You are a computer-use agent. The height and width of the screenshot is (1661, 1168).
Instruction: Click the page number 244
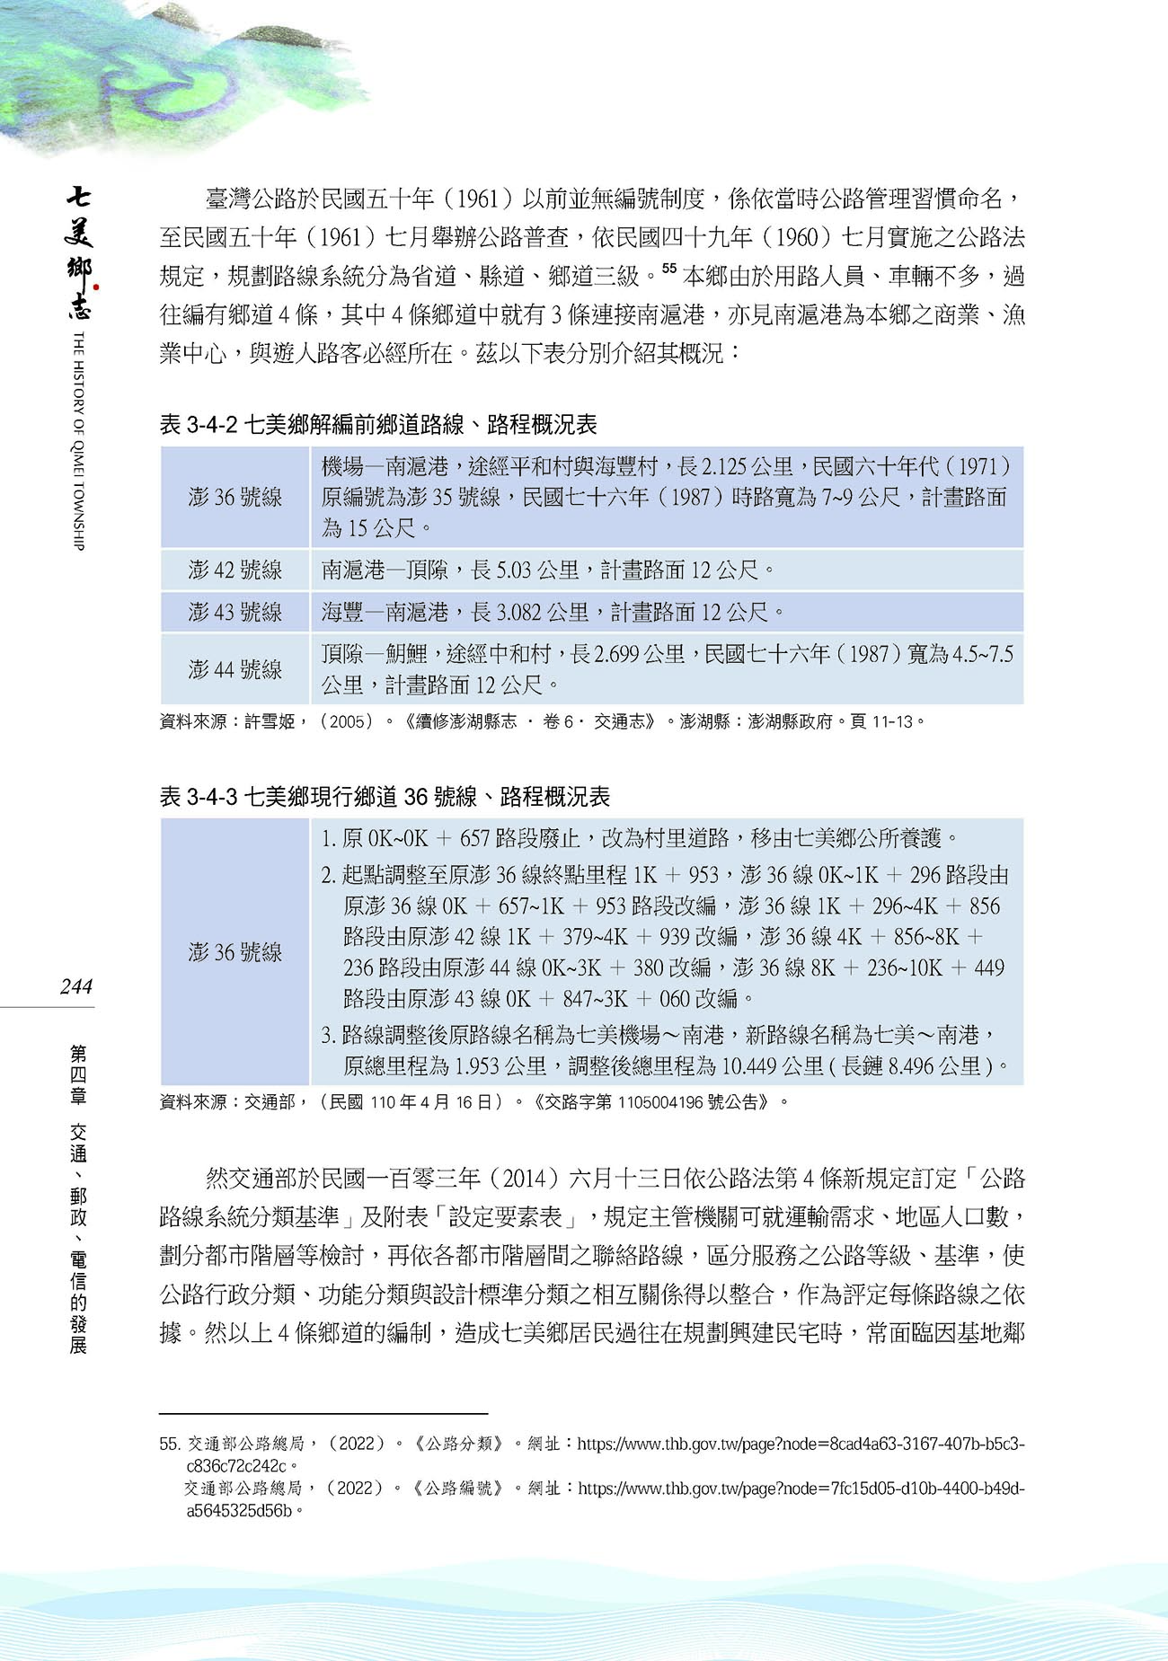coord(76,986)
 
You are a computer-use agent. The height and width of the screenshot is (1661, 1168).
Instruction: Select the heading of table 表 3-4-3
coord(384,796)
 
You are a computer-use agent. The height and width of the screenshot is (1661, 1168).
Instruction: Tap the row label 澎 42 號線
coord(235,570)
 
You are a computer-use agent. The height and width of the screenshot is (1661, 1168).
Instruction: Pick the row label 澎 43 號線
coord(235,612)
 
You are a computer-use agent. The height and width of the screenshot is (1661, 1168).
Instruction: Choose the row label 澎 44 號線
coord(235,668)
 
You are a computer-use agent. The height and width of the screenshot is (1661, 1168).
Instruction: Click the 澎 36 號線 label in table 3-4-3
coord(235,951)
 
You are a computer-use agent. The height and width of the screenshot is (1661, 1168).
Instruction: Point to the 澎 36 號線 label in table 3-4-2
coord(235,497)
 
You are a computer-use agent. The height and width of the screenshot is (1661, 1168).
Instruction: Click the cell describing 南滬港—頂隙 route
coord(548,570)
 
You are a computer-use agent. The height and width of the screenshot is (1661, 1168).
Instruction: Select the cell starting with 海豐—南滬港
coord(553,612)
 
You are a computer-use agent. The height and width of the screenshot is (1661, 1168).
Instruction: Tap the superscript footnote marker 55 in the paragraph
coord(668,268)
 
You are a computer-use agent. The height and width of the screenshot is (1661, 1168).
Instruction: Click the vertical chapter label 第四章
coord(78,1073)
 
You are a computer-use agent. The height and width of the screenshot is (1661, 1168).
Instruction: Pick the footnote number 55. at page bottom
coord(170,1444)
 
